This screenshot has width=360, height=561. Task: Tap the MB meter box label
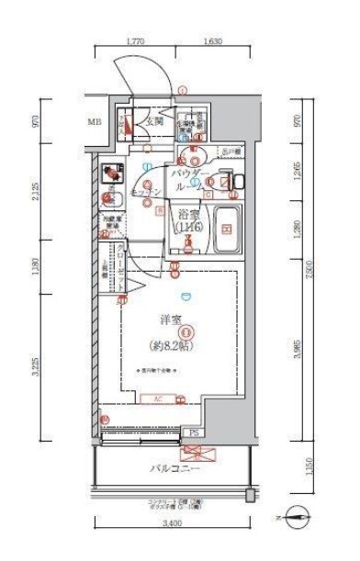pyautogui.click(x=95, y=121)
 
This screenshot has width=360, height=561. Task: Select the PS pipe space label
pyautogui.click(x=194, y=431)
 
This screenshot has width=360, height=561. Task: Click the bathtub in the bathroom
pyautogui.click(x=224, y=234)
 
